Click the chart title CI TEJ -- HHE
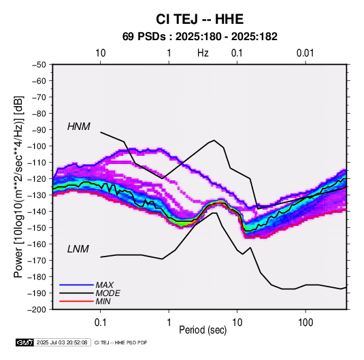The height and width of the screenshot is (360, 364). coord(199,19)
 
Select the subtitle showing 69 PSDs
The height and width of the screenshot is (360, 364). coord(199,37)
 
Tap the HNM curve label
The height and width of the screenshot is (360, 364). coord(79,127)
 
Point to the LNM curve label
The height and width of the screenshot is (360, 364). coord(78,249)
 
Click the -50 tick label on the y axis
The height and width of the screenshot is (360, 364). coord(39,65)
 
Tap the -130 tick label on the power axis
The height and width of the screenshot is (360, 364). coord(37,195)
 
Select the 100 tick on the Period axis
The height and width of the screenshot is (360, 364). coord(305,323)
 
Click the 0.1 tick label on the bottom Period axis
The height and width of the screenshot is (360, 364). coord(100,323)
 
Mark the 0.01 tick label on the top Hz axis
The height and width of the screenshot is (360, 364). coord(305,53)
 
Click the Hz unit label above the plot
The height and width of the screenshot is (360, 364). coord(203,53)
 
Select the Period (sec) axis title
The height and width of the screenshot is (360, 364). coord(203,330)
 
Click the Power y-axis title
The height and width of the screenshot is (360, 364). coord(18,186)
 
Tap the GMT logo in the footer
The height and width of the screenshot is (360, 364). coord(25,342)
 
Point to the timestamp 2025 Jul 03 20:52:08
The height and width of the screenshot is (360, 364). coord(62,342)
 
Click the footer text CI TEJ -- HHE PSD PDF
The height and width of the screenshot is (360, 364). coord(120,342)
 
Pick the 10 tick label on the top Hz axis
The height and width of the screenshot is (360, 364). coord(100,53)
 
